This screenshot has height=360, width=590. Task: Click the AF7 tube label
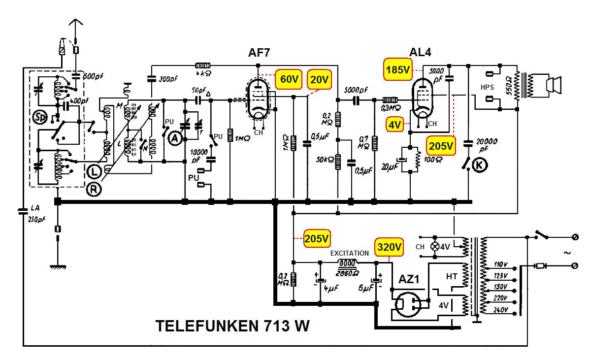[259, 53]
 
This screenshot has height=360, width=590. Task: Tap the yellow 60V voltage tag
[289, 79]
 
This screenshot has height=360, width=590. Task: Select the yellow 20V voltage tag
[319, 79]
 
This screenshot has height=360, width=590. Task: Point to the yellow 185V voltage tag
[397, 70]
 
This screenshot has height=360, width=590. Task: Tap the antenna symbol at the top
[74, 25]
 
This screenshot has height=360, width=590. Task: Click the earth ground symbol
[58, 266]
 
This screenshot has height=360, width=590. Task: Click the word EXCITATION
[349, 253]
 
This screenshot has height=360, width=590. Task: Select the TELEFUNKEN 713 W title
[232, 326]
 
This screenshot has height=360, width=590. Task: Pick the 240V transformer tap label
[500, 310]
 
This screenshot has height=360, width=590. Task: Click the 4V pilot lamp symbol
[435, 246]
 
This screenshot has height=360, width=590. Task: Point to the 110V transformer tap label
[500, 265]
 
